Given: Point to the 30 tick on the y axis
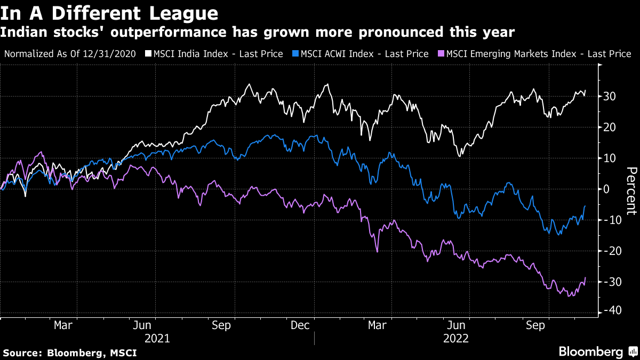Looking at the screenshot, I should [610, 97].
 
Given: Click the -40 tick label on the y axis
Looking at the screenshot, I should [610, 311].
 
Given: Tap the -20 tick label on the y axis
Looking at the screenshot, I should [610, 250].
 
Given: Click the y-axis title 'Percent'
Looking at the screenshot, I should [631, 190].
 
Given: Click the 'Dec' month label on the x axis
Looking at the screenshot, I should [300, 325].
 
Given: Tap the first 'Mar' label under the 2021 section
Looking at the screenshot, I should [63, 325].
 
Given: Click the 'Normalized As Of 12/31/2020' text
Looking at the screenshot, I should [73, 54].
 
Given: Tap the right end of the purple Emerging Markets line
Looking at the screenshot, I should [586, 277].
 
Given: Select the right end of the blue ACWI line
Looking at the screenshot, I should [586, 206].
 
